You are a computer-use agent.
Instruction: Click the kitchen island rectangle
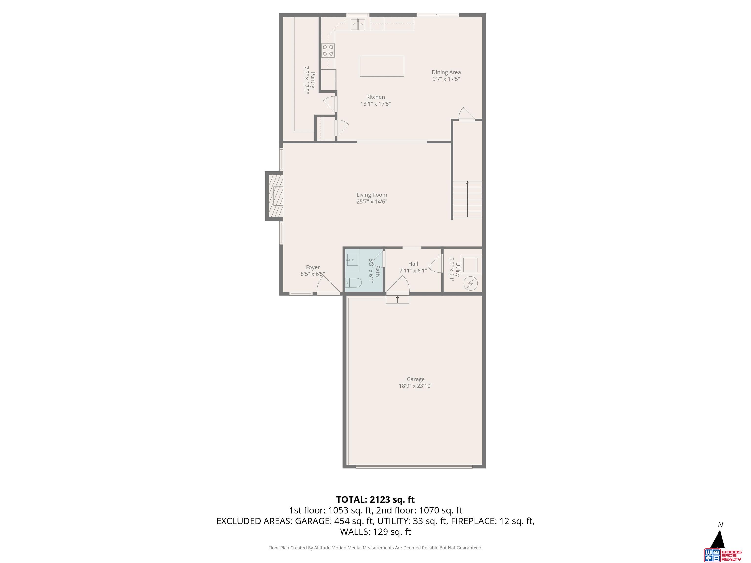point(382,66)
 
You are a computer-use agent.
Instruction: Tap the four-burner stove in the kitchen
point(328,51)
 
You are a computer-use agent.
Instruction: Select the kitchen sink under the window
point(358,24)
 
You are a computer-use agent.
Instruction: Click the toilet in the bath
point(353,282)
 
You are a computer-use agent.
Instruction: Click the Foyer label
point(312,267)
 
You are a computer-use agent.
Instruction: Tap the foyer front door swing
point(327,285)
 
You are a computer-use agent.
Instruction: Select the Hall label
point(413,264)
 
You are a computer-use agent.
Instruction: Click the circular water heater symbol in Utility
point(471,283)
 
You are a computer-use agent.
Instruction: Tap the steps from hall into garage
point(397,300)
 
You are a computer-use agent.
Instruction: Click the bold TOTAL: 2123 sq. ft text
point(375,499)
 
